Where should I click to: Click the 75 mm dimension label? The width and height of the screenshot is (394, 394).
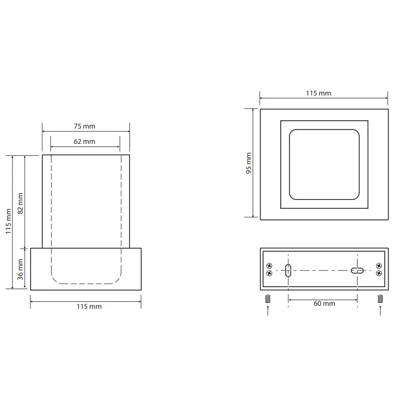[84, 126]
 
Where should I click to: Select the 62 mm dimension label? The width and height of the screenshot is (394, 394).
[84, 141]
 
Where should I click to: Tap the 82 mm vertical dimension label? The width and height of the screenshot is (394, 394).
[20, 203]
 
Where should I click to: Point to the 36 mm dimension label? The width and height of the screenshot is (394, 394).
[20, 269]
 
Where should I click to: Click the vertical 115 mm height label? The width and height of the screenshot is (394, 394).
[8, 221]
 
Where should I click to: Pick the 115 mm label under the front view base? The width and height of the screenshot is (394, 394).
[89, 306]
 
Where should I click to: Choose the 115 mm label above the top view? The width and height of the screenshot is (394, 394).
[318, 93]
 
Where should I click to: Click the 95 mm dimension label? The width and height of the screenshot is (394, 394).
[249, 163]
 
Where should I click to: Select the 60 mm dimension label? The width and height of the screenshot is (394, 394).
[324, 303]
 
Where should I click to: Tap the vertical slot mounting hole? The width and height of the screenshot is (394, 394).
[288, 270]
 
